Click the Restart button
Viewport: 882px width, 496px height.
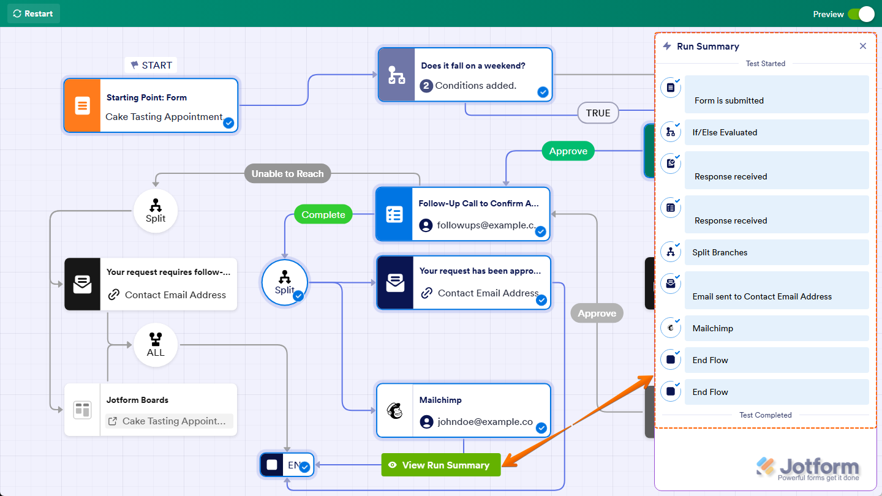pos(33,13)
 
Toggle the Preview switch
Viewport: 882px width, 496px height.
pos(861,14)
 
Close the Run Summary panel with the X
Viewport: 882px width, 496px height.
pos(862,46)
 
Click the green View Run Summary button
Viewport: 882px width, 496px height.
pos(440,465)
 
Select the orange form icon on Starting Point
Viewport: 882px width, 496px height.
pos(82,105)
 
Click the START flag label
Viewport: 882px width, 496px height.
pos(151,65)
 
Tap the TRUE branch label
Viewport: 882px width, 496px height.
pos(597,113)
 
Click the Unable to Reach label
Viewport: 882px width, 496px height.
pos(287,173)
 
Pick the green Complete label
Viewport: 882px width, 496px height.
pos(323,214)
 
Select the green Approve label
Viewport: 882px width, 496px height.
pos(568,151)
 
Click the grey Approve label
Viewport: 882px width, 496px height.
pos(597,313)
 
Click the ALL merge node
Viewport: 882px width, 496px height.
pos(156,345)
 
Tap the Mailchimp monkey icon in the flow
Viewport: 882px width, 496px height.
pos(395,410)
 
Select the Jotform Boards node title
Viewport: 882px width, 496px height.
pos(137,400)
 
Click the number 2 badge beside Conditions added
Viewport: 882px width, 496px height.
pos(426,86)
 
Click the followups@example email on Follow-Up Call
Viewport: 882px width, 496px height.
pos(480,225)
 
